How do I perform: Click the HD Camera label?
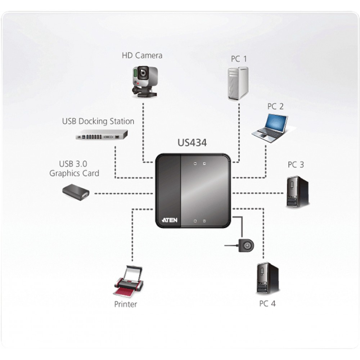pyautogui.click(x=142, y=55)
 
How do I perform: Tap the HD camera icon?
pyautogui.click(x=145, y=82)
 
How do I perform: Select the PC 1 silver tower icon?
pyautogui.click(x=238, y=84)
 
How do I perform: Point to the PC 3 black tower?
pyautogui.click(x=298, y=192)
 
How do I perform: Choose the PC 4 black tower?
pyautogui.click(x=267, y=278)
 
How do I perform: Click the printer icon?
pyautogui.click(x=129, y=280)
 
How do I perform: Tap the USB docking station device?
pyautogui.click(x=102, y=135)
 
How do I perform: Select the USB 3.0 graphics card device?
pyautogui.click(x=76, y=192)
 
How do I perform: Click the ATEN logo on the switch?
pyautogui.click(x=170, y=220)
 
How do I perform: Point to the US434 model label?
pyautogui.click(x=192, y=143)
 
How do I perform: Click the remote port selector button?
pyautogui.click(x=246, y=246)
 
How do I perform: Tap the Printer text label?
pyautogui.click(x=126, y=304)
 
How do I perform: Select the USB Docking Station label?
pyautogui.click(x=98, y=121)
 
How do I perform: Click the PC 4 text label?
pyautogui.click(x=267, y=303)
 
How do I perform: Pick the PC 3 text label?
pyautogui.click(x=296, y=165)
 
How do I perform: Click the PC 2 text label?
pyautogui.click(x=275, y=106)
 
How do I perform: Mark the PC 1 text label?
pyautogui.click(x=239, y=59)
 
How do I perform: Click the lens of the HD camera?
pyautogui.click(x=143, y=73)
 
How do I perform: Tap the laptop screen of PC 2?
pyautogui.click(x=276, y=124)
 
